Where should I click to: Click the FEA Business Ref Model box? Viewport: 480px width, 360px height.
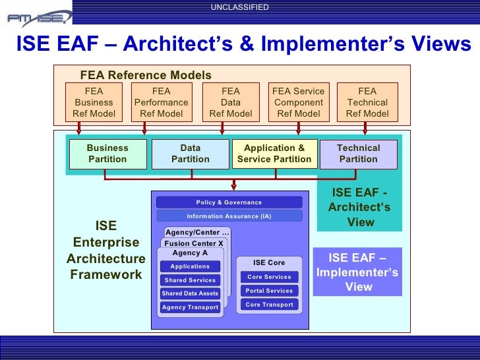(x=94, y=103)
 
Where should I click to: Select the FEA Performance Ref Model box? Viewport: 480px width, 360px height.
(x=161, y=103)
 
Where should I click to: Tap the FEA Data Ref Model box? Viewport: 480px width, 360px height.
(x=231, y=103)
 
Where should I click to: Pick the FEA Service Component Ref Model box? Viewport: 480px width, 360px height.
(x=299, y=103)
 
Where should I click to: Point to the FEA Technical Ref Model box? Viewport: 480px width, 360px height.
(x=367, y=103)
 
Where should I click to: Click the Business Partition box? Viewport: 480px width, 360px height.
(x=107, y=154)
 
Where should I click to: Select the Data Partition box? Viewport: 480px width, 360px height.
(x=191, y=154)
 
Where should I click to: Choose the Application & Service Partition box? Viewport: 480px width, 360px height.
(x=274, y=154)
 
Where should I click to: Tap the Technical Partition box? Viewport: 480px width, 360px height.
(x=359, y=154)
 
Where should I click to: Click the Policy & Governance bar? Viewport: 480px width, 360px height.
(x=229, y=202)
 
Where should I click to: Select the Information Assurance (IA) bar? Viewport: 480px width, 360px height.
(x=229, y=216)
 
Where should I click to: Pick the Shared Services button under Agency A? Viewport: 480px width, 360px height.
(x=190, y=280)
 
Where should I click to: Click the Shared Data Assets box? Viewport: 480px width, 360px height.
(x=190, y=293)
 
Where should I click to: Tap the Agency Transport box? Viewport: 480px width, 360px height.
(x=190, y=307)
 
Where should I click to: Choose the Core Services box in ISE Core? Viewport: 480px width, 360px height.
(x=269, y=277)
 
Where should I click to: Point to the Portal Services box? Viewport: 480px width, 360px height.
(x=269, y=291)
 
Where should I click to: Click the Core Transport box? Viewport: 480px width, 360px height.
(x=269, y=305)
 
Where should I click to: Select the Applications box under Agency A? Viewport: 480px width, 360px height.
(x=190, y=266)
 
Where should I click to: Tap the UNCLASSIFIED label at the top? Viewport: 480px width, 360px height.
(x=240, y=7)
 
